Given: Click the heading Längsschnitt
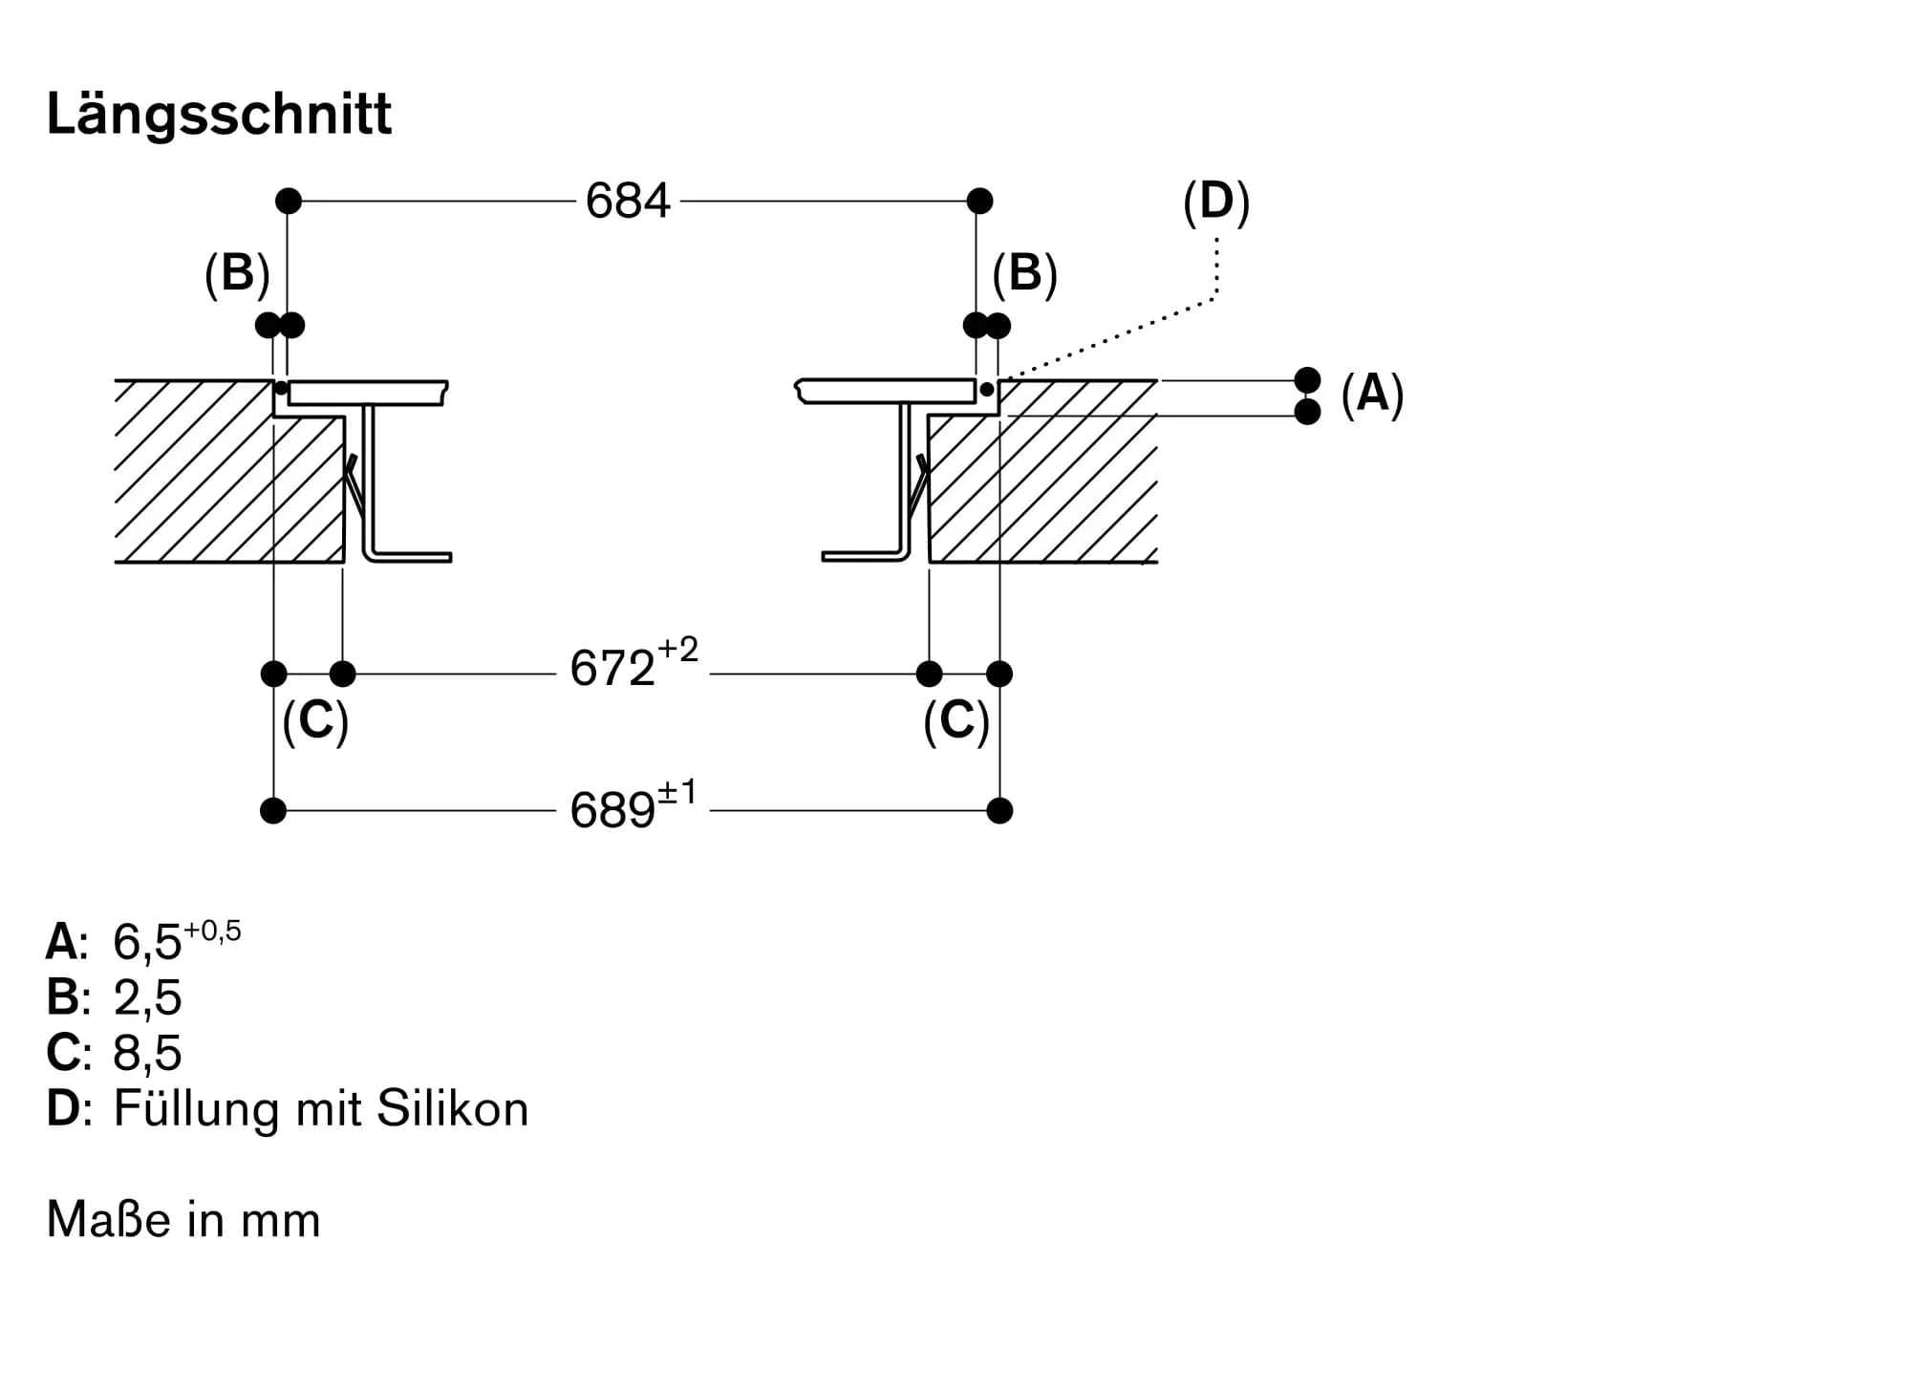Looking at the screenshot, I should [219, 115].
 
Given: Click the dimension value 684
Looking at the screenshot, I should [628, 202].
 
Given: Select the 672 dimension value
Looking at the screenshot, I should [612, 669].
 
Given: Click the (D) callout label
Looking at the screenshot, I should [1215, 203].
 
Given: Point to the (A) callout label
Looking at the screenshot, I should [1372, 394].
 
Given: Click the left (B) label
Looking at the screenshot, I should [237, 274].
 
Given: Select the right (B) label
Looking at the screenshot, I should [1024, 274].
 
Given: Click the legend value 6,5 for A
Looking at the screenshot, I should [147, 943].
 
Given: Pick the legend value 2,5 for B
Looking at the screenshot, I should [147, 998].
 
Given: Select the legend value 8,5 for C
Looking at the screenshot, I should [147, 1054].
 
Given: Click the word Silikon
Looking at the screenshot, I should [452, 1109].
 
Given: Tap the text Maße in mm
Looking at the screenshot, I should [183, 1220].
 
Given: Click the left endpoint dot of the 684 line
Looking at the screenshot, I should [289, 201].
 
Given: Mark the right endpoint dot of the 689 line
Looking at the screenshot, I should [999, 811].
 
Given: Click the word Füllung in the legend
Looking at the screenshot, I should [197, 1109].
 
